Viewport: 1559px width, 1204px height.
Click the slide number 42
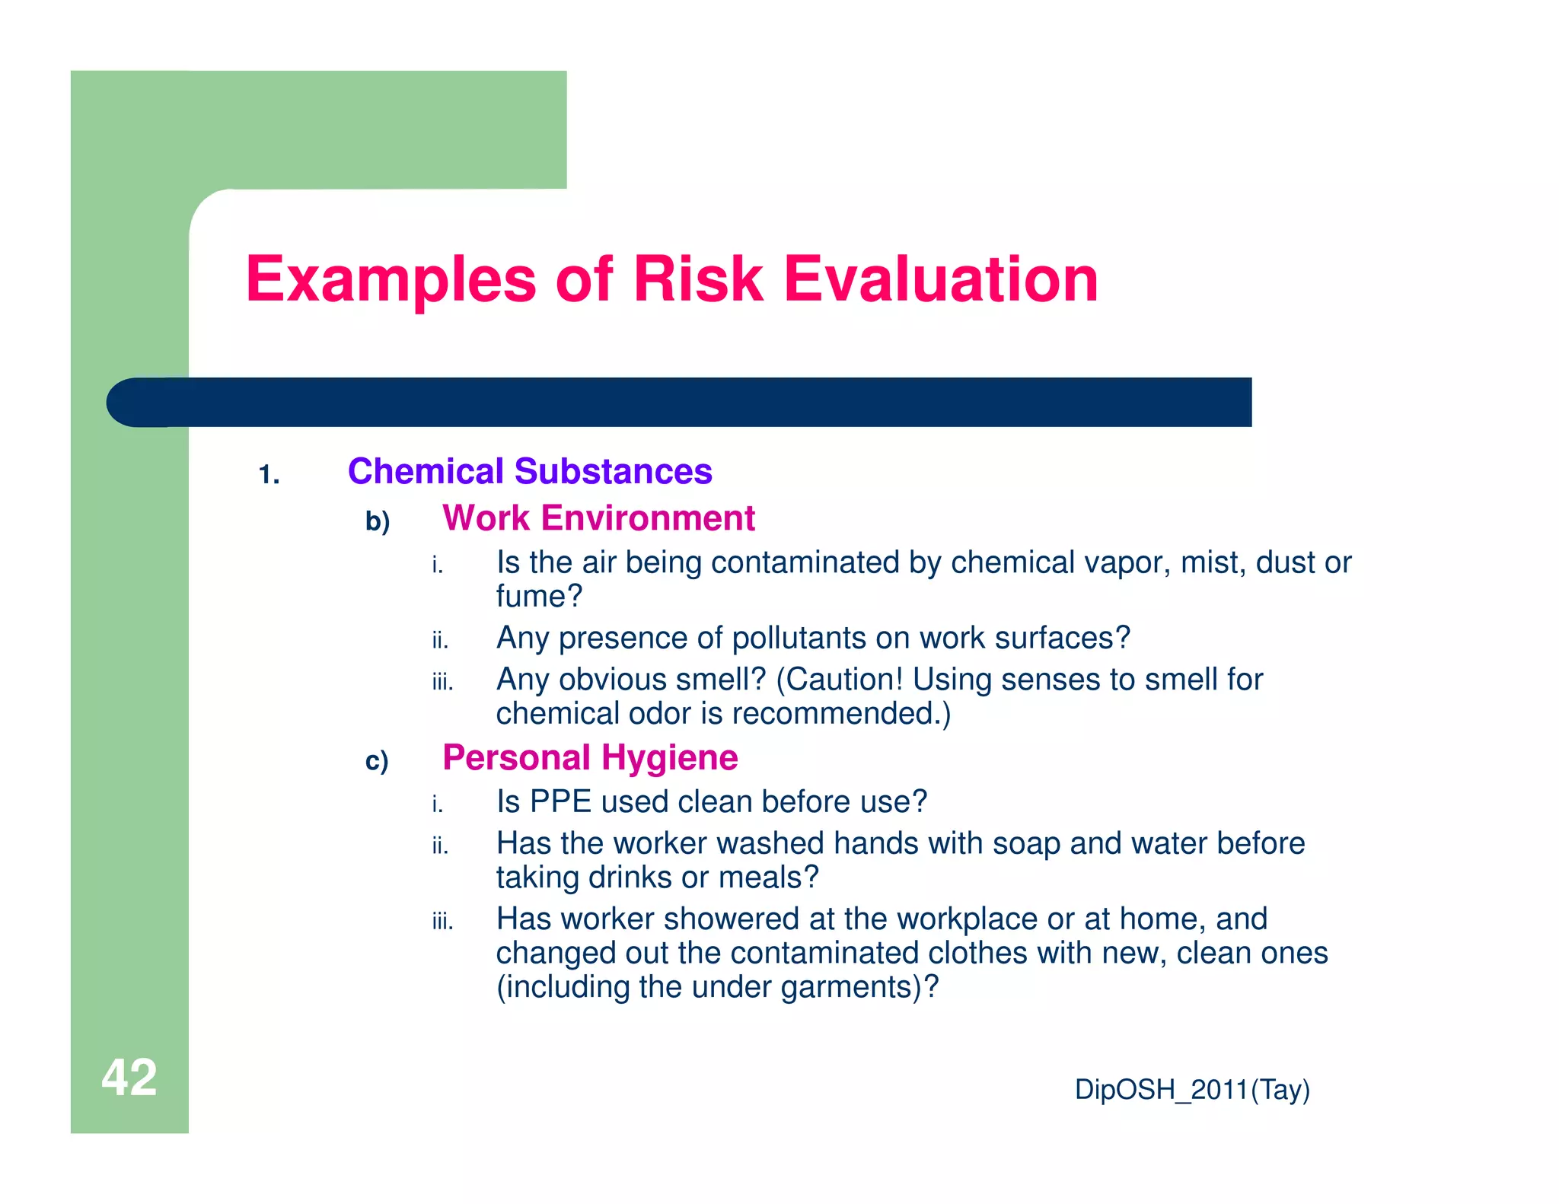(129, 1077)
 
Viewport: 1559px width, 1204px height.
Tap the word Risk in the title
(697, 279)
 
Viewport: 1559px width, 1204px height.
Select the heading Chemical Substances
(530, 471)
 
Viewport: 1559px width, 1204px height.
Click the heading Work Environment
(598, 518)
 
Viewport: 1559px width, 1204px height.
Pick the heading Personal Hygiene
(590, 758)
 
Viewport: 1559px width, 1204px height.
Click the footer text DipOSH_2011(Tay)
(1192, 1089)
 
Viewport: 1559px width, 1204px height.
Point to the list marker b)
(378, 521)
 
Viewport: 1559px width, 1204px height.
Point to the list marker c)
(377, 761)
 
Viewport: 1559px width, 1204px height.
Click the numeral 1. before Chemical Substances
(269, 475)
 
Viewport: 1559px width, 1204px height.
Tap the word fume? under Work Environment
(539, 596)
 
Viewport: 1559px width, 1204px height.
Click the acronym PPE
(560, 802)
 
